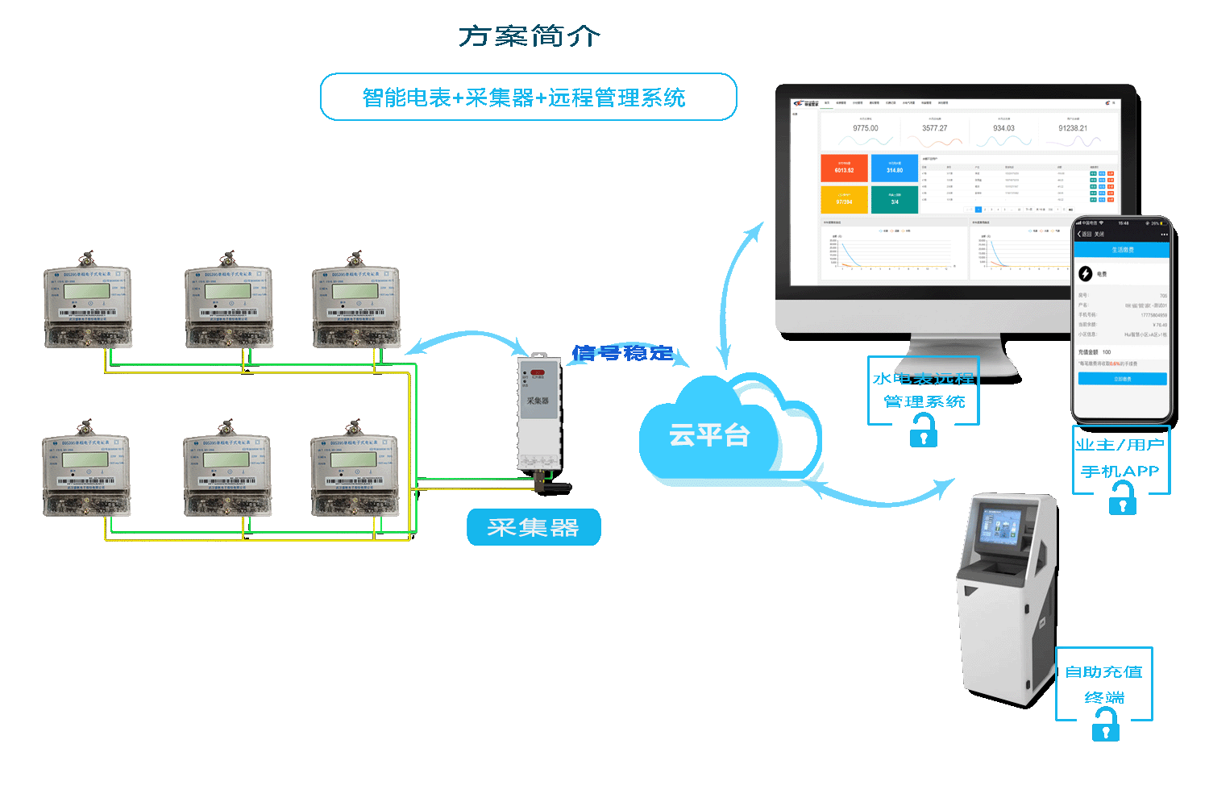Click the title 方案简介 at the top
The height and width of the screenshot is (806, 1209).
[530, 36]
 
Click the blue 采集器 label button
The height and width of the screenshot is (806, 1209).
[534, 527]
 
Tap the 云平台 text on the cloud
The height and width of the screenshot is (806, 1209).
[709, 435]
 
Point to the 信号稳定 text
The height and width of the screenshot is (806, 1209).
[622, 353]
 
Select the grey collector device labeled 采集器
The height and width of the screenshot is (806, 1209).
[538, 411]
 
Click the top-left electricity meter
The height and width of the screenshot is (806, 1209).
[87, 306]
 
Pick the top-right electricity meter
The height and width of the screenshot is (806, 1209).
[355, 306]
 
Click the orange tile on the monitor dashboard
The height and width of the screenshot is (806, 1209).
[844, 168]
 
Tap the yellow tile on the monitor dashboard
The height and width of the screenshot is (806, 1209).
[844, 199]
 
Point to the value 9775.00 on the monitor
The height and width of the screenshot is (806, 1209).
[866, 128]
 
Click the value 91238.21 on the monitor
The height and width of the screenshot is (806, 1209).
[1073, 128]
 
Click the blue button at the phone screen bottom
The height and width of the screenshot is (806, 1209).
[1122, 379]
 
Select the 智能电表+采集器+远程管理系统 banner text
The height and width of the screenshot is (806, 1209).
[524, 98]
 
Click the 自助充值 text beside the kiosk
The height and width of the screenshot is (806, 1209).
[1103, 672]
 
